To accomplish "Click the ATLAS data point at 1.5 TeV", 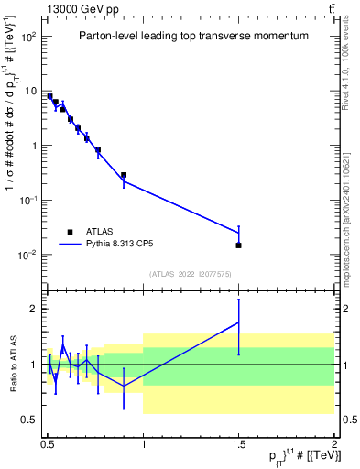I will tap(238, 245).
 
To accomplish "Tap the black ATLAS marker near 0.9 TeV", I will tap(124, 175).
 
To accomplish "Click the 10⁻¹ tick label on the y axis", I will tap(28, 200).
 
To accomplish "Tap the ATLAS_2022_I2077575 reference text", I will tap(191, 273).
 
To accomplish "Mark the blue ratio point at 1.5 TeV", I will tap(238, 322).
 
